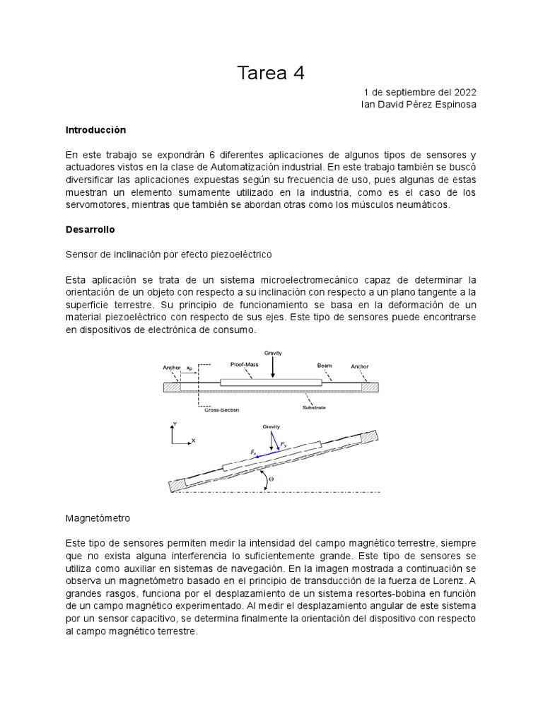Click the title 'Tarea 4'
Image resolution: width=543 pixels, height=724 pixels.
click(271, 73)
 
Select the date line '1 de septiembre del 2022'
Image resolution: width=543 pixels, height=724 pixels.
click(420, 92)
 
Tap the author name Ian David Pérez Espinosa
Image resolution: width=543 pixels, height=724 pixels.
click(419, 105)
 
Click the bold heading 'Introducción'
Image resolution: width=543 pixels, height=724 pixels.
click(95, 130)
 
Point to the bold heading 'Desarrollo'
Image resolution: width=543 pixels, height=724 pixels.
click(90, 230)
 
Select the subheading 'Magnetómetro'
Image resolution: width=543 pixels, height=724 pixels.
click(98, 518)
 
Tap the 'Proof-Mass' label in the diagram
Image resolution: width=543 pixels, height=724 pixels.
click(245, 364)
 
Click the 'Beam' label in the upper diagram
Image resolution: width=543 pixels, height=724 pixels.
click(324, 366)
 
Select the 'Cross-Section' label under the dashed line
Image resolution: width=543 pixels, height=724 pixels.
click(221, 410)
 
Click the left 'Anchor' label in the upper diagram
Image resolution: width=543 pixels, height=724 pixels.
click(172, 367)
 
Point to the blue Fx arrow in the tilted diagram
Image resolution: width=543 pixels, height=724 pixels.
click(264, 456)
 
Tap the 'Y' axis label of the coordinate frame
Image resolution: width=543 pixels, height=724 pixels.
click(175, 424)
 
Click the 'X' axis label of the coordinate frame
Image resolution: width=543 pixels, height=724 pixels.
click(193, 441)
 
